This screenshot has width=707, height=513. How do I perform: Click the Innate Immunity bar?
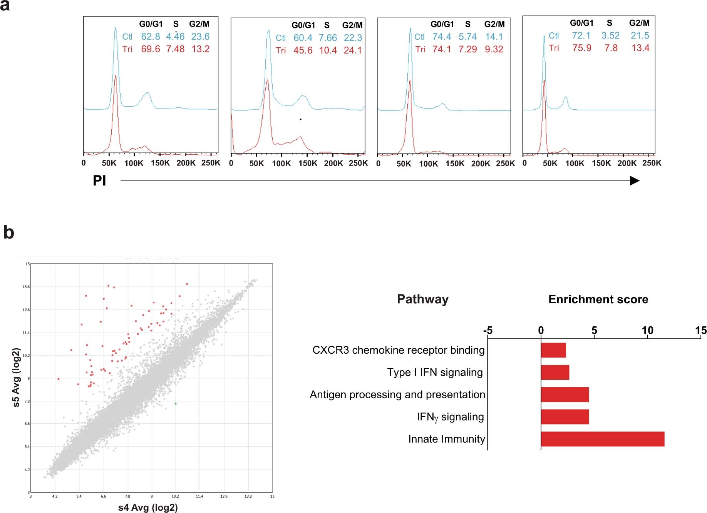point(603,439)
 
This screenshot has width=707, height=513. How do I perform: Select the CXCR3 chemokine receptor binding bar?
point(553,350)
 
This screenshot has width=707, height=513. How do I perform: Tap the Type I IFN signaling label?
point(435,373)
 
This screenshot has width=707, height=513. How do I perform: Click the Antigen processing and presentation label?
point(397,395)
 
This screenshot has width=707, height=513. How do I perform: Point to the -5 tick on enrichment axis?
point(488,331)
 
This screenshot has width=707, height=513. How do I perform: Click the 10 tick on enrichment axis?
point(647,331)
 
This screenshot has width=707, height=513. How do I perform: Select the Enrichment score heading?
point(598,299)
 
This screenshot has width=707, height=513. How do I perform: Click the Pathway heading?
point(422,299)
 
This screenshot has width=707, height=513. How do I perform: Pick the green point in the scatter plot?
point(176,404)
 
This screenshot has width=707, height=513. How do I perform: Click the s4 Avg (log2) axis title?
point(148,508)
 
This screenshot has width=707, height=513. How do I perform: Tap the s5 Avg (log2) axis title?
point(16,378)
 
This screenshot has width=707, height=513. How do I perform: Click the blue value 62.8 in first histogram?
point(150,37)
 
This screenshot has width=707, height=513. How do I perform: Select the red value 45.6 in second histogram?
point(303,50)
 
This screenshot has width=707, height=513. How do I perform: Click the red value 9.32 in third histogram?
point(494,49)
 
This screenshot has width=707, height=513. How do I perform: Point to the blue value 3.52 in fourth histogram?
point(610,36)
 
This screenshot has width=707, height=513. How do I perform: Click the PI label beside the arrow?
point(99,181)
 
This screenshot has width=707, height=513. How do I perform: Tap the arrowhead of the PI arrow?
point(634,181)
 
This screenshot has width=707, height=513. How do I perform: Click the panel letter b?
point(8,233)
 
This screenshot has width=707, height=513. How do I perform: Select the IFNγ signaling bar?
point(565,417)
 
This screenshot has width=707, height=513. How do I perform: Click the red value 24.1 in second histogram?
point(353,50)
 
